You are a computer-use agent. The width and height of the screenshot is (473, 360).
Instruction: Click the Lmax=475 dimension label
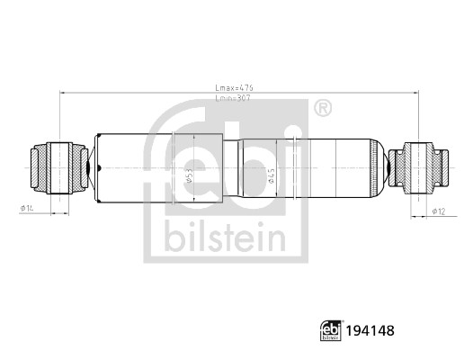235,87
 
